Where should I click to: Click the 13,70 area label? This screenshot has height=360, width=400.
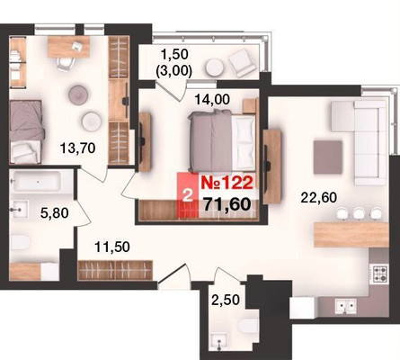coord(78,148)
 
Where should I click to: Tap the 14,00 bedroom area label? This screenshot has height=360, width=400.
coord(212,99)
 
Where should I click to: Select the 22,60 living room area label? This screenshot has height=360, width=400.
coord(319,198)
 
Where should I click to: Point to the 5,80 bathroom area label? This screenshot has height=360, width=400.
coord(55,213)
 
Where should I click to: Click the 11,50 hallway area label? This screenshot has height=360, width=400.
coord(112,247)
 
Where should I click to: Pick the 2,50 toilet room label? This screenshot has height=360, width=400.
coord(226,300)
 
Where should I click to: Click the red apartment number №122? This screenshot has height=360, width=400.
coord(227,183)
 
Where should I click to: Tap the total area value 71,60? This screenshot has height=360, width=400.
coord(227,204)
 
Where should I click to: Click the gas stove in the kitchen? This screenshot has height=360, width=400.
coord(378,274)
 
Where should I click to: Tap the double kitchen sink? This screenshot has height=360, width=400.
coord(345,305)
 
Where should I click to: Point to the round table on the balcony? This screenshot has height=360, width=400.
coord(215,67)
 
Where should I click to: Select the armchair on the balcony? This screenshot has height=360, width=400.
coord(243,63)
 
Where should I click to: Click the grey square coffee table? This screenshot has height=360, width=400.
coord(328,157)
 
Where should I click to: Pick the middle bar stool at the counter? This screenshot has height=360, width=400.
coord(359,213)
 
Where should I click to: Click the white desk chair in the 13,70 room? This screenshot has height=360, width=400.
coord(66,64)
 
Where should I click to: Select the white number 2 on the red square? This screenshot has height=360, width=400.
coord(188,197)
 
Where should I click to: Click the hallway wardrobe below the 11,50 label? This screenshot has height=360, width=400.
coord(115,270)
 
